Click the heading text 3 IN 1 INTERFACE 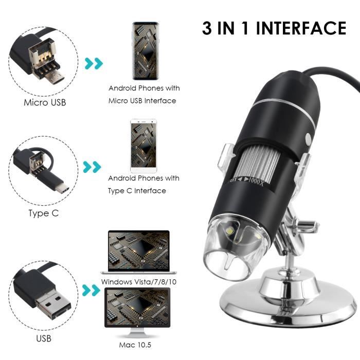coord(274,28)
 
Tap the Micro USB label coord(45,102)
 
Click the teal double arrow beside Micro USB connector coord(94,64)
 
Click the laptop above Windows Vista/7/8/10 coord(138,252)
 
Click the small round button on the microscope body coord(309,139)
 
